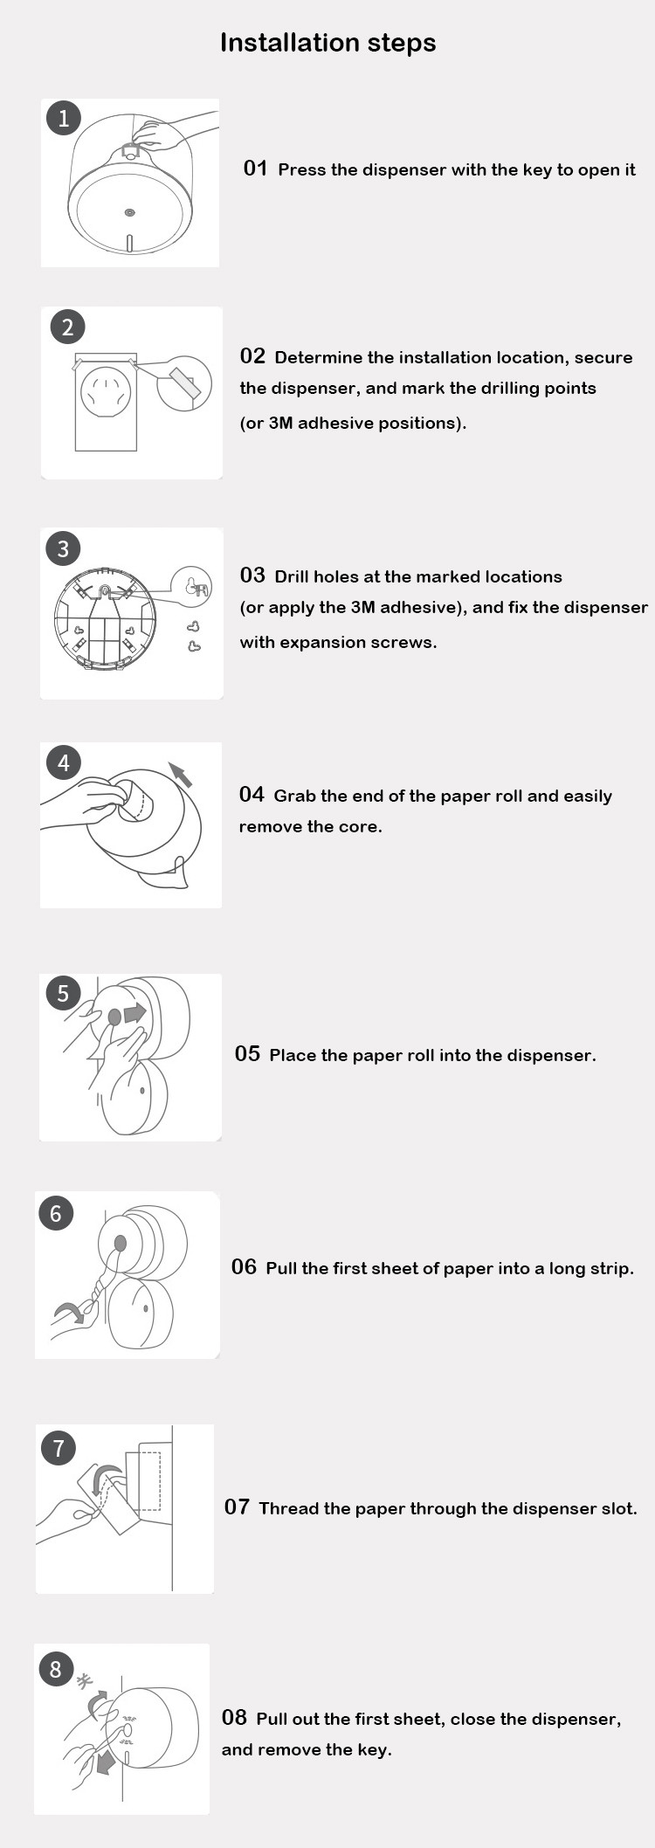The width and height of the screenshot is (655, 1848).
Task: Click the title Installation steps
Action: point(327,43)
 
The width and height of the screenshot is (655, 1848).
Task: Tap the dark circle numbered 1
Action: point(63,118)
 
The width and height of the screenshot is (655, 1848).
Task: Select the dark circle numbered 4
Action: point(64,762)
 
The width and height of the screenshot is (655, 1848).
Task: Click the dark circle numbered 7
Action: point(59,1448)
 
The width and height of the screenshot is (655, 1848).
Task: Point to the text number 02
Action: point(252,355)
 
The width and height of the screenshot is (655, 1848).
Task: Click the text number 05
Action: point(247,1053)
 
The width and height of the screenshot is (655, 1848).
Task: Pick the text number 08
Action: point(234,1717)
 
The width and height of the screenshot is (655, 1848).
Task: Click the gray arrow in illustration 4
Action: point(180,775)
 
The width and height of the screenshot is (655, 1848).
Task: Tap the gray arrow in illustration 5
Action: point(134,1013)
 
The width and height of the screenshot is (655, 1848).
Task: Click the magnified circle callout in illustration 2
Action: point(184,382)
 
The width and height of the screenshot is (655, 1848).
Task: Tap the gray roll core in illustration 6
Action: point(121,1244)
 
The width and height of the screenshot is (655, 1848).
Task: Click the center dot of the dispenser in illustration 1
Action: point(129,212)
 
